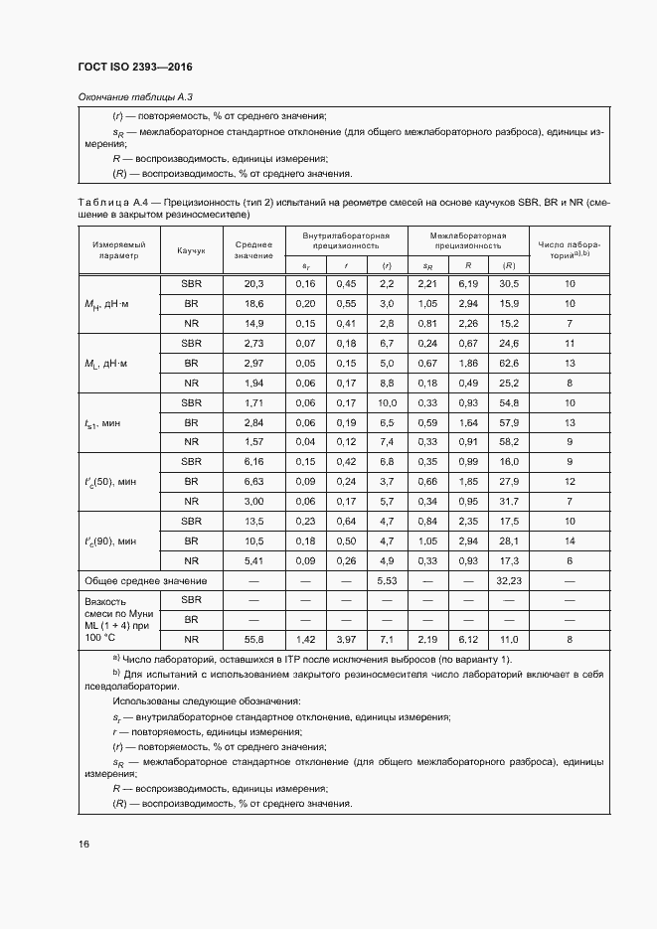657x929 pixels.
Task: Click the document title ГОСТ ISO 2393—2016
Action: [x=135, y=68]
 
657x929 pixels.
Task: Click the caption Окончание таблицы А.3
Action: [x=134, y=96]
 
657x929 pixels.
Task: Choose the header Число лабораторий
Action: [x=570, y=249]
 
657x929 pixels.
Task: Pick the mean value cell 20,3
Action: [x=253, y=283]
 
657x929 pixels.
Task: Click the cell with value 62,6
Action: [x=508, y=363]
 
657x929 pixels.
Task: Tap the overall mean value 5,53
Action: [x=386, y=579]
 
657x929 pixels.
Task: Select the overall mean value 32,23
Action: [x=508, y=579]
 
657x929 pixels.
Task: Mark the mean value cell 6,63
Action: [x=253, y=481]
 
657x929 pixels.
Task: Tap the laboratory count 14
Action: [x=570, y=541]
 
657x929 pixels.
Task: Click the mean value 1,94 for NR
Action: [x=253, y=383]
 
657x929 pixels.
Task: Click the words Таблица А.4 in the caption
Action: [x=117, y=202]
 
